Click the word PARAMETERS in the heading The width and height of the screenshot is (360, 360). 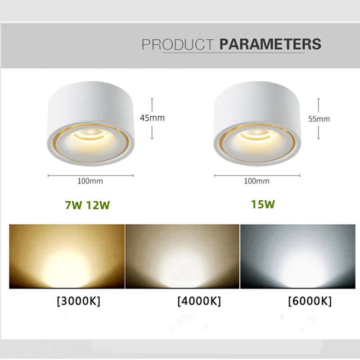click(270, 45)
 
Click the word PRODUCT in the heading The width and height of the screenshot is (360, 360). click(178, 45)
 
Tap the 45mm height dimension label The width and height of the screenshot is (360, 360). click(153, 118)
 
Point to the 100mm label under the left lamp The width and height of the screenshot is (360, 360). click(90, 181)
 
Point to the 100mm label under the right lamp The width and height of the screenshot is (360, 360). click(256, 181)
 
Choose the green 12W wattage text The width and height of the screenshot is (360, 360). click(99, 205)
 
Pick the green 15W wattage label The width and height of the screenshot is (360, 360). click(263, 204)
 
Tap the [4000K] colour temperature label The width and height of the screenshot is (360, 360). click(199, 301)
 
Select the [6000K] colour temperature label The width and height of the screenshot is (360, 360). click(310, 301)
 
